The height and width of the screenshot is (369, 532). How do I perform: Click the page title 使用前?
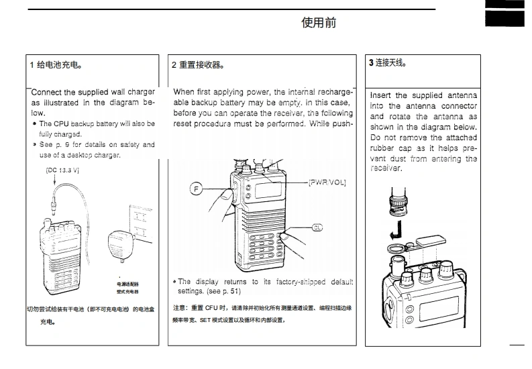pos(319,23)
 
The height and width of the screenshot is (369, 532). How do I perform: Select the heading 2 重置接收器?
pos(197,65)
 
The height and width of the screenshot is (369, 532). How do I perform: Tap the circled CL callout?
pos(317,228)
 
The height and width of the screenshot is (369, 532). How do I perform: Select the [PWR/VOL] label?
pos(327,182)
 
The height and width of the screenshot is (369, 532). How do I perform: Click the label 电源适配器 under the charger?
pos(127,285)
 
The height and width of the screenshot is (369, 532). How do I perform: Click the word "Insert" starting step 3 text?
pos(381,95)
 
